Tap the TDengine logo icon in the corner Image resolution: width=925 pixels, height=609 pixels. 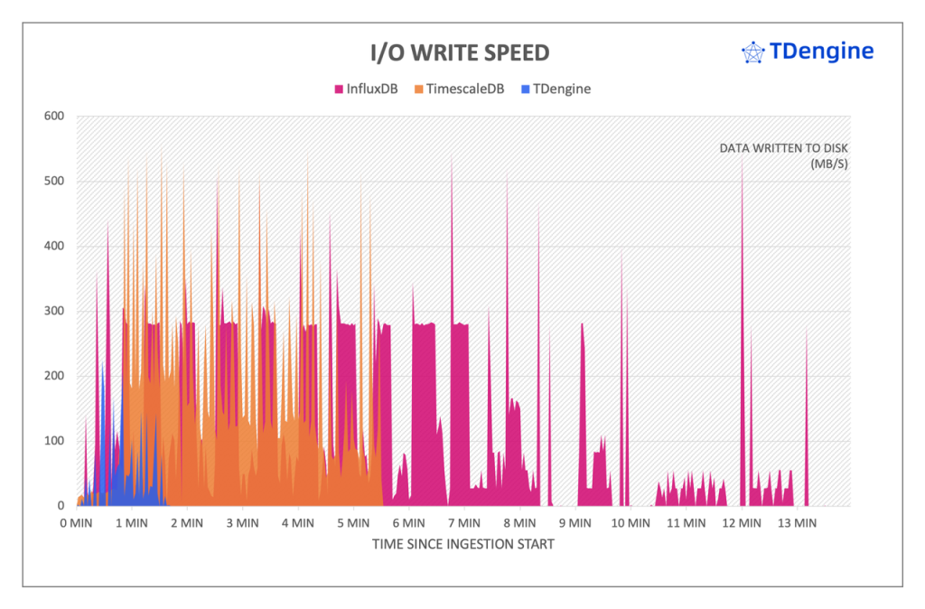click(x=752, y=52)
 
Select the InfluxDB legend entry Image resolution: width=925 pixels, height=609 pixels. click(x=366, y=89)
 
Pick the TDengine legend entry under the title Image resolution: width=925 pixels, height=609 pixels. click(x=555, y=89)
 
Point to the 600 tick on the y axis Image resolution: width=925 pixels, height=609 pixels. click(x=54, y=117)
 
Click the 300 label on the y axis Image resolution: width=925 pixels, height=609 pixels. click(x=54, y=312)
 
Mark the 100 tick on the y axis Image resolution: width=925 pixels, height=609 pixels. click(x=54, y=441)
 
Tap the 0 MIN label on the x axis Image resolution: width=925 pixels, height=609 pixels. click(x=76, y=523)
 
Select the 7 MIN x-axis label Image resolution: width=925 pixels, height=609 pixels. click(x=464, y=523)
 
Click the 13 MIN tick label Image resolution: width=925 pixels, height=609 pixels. click(x=798, y=523)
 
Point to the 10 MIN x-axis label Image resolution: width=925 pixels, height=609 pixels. click(x=631, y=523)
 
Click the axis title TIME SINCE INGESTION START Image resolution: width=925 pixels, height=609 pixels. click(x=463, y=545)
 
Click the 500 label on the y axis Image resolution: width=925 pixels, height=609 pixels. click(x=54, y=182)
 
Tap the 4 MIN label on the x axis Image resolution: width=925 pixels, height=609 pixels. click(x=298, y=523)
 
